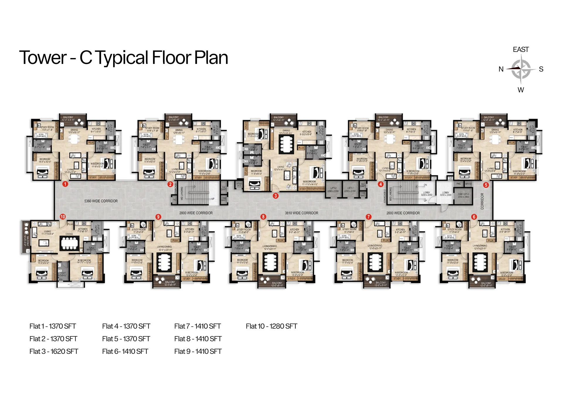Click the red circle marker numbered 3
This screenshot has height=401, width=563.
pyautogui.click(x=275, y=196)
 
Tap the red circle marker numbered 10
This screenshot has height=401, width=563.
pyautogui.click(x=63, y=216)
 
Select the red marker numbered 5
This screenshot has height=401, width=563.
pyautogui.click(x=486, y=185)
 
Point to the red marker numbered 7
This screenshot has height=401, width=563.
pyautogui.click(x=368, y=217)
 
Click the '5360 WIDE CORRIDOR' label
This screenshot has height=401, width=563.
pyautogui.click(x=101, y=201)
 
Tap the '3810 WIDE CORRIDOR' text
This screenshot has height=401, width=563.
pyautogui.click(x=301, y=213)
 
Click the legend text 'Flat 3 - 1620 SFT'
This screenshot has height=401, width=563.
pyautogui.click(x=54, y=351)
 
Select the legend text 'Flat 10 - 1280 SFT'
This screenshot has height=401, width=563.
pyautogui.click(x=271, y=326)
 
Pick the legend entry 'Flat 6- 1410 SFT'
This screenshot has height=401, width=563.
pyautogui.click(x=125, y=351)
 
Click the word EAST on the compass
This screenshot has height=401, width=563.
pyautogui.click(x=520, y=50)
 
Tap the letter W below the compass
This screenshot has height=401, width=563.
pyautogui.click(x=520, y=90)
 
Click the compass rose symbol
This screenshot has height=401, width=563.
pyautogui.click(x=520, y=69)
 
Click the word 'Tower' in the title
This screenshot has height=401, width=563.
pyautogui.click(x=43, y=57)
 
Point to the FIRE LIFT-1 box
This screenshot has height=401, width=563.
pyautogui.click(x=463, y=195)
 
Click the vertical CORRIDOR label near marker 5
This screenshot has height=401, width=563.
pyautogui.click(x=482, y=201)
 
